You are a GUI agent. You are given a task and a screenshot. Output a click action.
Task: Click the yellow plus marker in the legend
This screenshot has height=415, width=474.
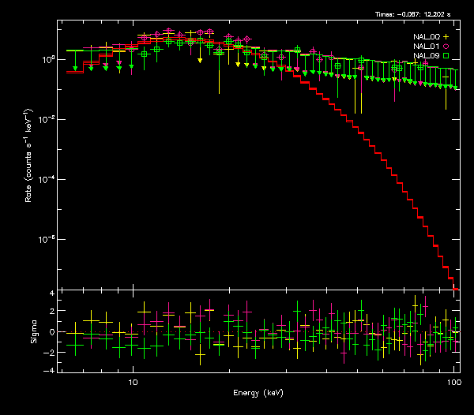pyautogui.click(x=446, y=37)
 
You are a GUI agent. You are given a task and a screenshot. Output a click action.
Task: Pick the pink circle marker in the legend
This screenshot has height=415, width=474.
pyautogui.click(x=446, y=47)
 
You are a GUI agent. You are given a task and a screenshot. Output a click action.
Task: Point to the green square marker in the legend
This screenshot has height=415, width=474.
pyautogui.click(x=446, y=56)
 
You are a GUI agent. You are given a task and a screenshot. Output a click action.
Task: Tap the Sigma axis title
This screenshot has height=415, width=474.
pyautogui.click(x=34, y=331)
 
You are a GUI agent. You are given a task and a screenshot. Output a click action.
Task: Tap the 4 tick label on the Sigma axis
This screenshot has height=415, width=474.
pyautogui.click(x=52, y=293)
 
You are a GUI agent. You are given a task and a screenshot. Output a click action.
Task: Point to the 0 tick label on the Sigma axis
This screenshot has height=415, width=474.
pyautogui.click(x=52, y=332)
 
